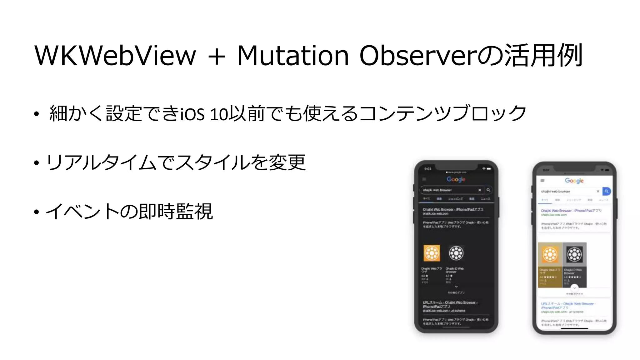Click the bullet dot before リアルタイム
click(x=37, y=163)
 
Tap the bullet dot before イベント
click(x=37, y=212)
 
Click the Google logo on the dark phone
click(x=456, y=179)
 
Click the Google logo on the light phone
click(x=574, y=181)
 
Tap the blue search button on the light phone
click(x=606, y=191)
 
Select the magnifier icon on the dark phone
click(x=488, y=190)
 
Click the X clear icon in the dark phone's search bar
click(x=480, y=190)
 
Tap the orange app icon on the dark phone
click(x=432, y=253)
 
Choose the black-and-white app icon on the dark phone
click(x=456, y=253)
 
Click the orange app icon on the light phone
click(x=550, y=254)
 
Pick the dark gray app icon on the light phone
click(x=574, y=254)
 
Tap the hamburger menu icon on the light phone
click(x=542, y=181)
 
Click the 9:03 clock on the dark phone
click(x=428, y=169)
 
